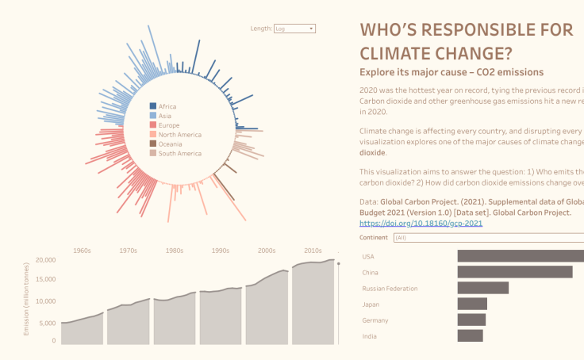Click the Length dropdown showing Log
pos(294,29)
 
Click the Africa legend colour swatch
pos(153,106)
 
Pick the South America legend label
pos(179,154)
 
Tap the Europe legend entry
pos(168,125)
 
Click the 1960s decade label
pos(82,251)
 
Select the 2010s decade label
pos(312,251)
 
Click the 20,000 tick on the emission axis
pos(45,260)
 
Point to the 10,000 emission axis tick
pos(45,301)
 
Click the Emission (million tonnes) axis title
pos(26,300)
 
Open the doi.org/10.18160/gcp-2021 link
pos(421,224)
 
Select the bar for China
pos(514,272)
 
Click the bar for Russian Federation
pos(482,288)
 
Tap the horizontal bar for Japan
pos(472,304)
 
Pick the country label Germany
pos(375,320)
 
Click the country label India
pos(368,336)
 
